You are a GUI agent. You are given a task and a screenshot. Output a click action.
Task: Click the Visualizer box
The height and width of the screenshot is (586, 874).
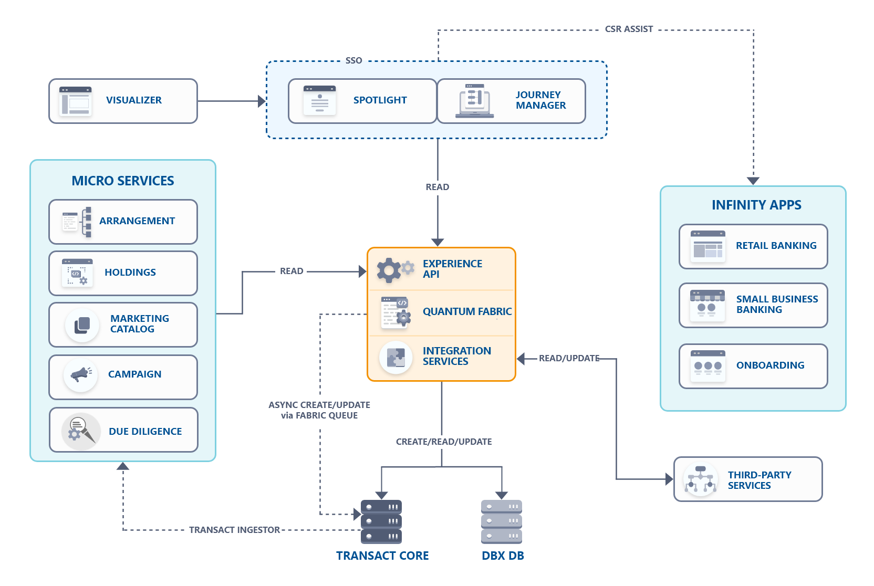click(x=123, y=101)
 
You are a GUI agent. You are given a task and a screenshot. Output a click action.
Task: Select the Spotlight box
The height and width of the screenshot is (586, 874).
click(x=362, y=101)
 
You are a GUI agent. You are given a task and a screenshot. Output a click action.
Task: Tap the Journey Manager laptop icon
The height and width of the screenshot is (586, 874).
click(x=474, y=101)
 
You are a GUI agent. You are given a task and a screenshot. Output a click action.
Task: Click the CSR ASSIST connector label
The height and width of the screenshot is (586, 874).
click(x=629, y=29)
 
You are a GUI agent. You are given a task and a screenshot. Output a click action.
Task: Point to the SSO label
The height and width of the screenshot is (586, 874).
click(x=353, y=61)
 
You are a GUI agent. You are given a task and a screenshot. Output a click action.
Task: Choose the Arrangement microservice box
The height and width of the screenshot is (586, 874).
click(x=123, y=222)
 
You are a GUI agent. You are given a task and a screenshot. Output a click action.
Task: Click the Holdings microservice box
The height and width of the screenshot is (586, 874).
click(x=123, y=273)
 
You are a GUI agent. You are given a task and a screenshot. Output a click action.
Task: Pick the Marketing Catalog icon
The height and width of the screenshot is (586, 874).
click(x=82, y=325)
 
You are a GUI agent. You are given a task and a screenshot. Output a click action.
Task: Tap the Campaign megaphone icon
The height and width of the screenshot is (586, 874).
click(x=81, y=374)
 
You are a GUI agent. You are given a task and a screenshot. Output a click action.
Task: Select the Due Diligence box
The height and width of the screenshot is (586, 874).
click(x=123, y=430)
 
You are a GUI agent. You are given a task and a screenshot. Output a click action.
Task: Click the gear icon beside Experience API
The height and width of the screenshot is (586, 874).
click(x=390, y=270)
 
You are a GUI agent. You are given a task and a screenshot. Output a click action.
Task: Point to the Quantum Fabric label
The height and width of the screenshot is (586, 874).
click(x=467, y=312)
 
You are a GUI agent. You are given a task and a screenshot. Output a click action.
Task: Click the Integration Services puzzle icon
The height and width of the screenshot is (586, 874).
click(x=396, y=358)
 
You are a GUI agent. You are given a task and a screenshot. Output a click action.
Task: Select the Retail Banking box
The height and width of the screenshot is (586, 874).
click(x=753, y=246)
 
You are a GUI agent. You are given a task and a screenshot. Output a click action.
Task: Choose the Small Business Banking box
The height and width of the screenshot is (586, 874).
click(x=753, y=305)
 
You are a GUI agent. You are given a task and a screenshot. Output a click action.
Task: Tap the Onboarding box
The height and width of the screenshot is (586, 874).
click(x=753, y=366)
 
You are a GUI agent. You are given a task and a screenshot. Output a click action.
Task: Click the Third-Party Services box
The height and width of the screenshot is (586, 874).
click(x=748, y=479)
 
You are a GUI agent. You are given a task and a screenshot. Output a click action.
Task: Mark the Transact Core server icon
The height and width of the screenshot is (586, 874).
click(x=381, y=521)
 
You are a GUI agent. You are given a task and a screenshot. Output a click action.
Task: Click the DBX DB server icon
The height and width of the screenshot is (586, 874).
click(x=502, y=521)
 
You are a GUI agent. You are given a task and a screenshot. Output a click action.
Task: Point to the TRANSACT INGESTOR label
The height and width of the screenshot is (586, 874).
click(x=234, y=530)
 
